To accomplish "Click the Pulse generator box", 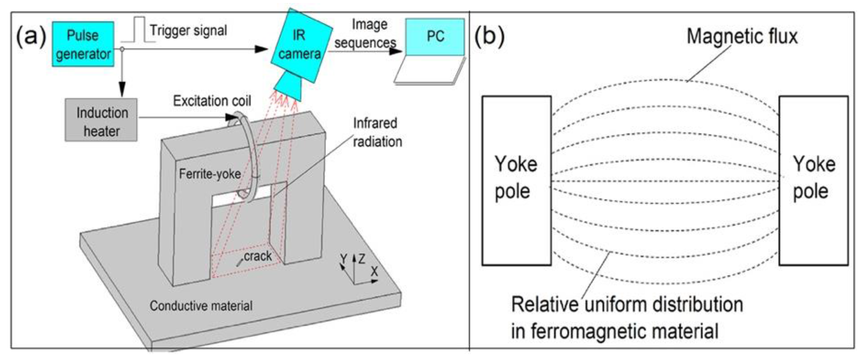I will click(x=83, y=44).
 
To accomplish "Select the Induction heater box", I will click(x=101, y=120).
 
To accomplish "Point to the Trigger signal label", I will click(x=188, y=30).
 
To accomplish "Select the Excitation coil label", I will click(x=212, y=101).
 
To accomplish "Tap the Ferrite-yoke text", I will click(x=210, y=174).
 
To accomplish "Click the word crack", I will click(x=257, y=256).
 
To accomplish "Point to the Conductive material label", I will click(x=201, y=306).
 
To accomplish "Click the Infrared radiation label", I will click(x=377, y=132).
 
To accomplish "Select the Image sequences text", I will click(x=366, y=33).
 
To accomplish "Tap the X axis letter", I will click(x=374, y=271).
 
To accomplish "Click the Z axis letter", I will click(x=361, y=259).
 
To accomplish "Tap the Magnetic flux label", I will click(x=742, y=36).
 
